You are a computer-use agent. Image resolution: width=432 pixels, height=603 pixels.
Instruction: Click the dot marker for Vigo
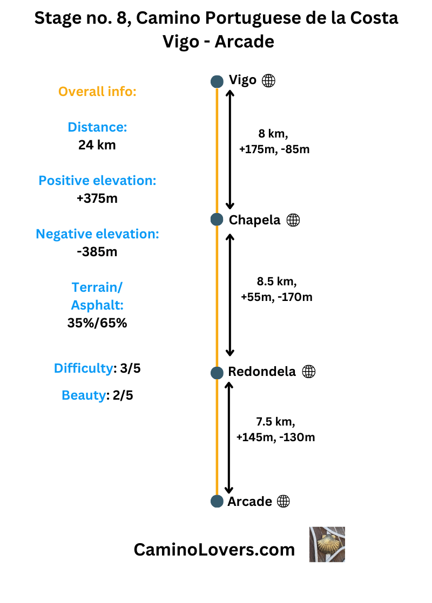pos(217,81)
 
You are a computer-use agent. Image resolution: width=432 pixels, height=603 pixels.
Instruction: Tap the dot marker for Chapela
pos(217,220)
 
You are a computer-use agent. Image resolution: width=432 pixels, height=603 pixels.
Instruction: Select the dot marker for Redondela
pos(217,372)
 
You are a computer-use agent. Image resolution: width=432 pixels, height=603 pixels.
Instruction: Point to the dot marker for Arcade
pos(217,502)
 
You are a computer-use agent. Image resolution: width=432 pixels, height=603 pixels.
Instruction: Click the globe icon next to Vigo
pos(268,81)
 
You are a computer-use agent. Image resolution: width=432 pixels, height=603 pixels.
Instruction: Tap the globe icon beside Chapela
pos(293,220)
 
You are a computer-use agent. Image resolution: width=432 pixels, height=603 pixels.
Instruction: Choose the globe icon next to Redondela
pos(308,372)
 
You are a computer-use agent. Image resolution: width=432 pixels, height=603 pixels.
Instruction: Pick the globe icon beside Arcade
pos(283,502)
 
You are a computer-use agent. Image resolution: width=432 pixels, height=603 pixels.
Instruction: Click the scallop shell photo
pos(327,545)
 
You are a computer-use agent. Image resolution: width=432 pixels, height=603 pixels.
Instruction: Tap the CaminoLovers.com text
pos(214,549)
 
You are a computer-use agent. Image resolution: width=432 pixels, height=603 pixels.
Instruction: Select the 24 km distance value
pos(97,145)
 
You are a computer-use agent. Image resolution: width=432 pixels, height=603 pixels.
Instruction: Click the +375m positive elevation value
pos(97,198)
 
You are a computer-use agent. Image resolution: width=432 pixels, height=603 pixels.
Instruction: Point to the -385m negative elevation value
pos(97,251)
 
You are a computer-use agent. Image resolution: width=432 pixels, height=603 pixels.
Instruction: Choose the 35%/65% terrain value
pos(97,323)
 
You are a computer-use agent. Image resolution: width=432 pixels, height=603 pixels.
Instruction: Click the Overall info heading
pos(97,92)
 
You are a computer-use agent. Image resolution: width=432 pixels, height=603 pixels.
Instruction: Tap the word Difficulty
pos(83,368)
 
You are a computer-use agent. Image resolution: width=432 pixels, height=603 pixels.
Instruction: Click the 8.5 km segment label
pos(276,281)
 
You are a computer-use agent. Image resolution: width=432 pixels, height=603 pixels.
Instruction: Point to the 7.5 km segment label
pos(275,421)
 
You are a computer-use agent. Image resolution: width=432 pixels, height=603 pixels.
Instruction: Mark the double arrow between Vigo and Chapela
pos(230,149)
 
